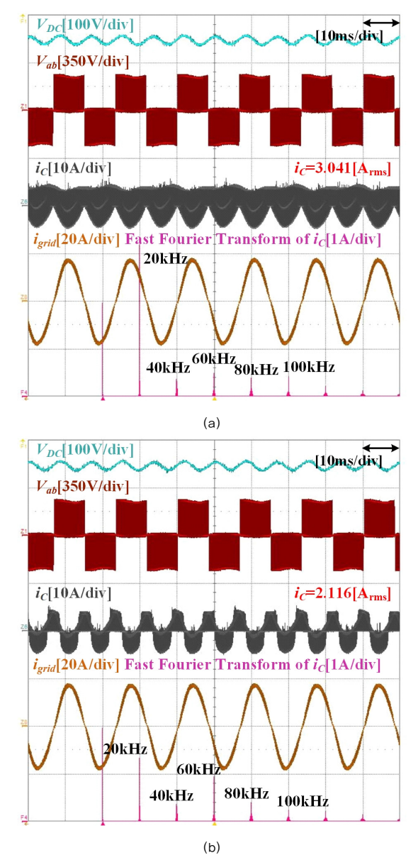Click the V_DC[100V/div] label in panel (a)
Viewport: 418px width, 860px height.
pos(85,26)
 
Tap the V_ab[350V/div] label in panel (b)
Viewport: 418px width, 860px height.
pos(82,487)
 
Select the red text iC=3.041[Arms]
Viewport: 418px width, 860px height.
pos(342,169)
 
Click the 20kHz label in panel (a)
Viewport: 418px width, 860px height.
pos(165,259)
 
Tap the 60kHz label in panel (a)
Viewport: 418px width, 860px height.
pos(213,358)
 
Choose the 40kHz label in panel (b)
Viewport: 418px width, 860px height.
pos(171,795)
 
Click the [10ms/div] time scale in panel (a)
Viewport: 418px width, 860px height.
pos(349,36)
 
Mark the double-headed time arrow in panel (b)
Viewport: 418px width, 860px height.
pos(381,448)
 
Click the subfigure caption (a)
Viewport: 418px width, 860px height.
pos(212,423)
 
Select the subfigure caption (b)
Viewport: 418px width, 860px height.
pos(212,847)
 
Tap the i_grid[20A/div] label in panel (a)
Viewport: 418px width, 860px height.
pos(77,240)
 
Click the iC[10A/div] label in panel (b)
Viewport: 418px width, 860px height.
pos(73,593)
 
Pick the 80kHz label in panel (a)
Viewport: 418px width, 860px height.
pos(256,370)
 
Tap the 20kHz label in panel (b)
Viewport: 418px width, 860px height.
pos(125,749)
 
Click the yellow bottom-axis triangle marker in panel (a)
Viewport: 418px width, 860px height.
pos(215,399)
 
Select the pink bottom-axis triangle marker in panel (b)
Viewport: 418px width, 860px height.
pos(103,824)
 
